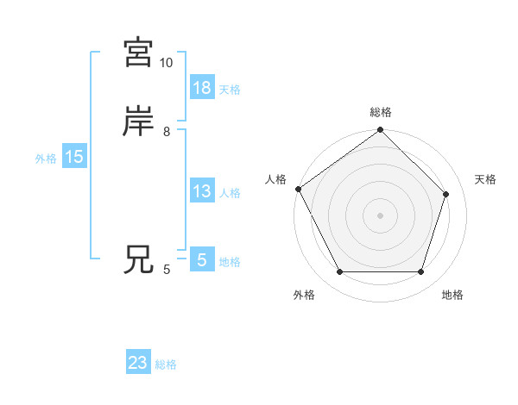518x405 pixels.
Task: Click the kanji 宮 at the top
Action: [138, 53]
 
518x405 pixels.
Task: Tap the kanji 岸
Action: [138, 122]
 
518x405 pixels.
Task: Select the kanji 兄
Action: [138, 260]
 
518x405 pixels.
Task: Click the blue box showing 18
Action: [201, 88]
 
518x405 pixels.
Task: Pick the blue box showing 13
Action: [201, 191]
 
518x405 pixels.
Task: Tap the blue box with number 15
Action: [73, 157]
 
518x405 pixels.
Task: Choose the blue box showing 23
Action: [138, 363]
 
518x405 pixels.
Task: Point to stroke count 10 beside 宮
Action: [166, 63]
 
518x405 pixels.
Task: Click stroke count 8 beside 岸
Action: [166, 132]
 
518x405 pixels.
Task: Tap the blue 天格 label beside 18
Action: [230, 90]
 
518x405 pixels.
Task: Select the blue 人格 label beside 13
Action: [230, 193]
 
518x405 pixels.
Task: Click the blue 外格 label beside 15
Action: [46, 159]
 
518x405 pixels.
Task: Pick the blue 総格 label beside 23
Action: [166, 364]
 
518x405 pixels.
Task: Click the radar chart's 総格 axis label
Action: [381, 112]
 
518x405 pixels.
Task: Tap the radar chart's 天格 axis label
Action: [485, 179]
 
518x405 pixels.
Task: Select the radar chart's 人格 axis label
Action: [275, 179]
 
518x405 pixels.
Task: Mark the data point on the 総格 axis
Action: [381, 131]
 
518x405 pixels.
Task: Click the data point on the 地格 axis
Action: [421, 272]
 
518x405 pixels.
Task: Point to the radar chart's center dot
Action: [381, 215]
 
